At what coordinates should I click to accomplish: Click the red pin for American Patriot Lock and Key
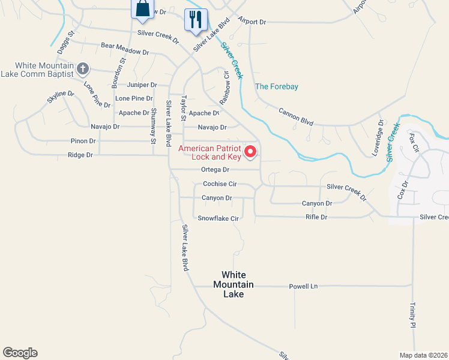252,151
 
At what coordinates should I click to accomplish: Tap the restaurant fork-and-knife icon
196,19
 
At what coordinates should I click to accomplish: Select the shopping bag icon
142,9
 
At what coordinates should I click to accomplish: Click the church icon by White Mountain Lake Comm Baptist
83,69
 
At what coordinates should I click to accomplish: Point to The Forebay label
276,86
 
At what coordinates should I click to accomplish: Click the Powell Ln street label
303,286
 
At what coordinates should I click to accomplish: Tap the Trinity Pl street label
413,315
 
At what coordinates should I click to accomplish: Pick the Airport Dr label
252,22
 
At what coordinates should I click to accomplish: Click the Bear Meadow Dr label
125,49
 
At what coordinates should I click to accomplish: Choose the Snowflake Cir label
218,218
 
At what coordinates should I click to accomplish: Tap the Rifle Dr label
316,217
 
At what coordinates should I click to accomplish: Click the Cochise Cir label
220,184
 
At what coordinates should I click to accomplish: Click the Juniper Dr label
142,85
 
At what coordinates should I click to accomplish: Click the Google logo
20,353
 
